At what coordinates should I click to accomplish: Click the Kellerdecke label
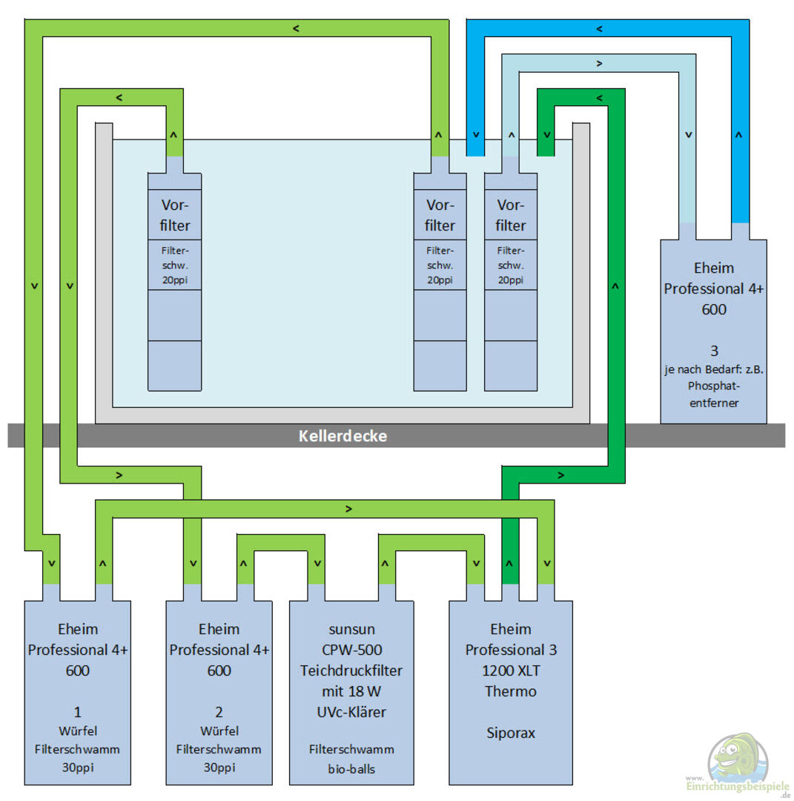[x=343, y=436]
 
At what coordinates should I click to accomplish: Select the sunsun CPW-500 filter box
[x=351, y=690]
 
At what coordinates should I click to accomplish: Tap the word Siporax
[x=510, y=733]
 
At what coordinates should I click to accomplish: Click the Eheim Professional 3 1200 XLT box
[x=510, y=690]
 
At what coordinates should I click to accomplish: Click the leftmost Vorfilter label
[x=175, y=215]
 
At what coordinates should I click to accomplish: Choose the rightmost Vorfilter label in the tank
[x=511, y=215]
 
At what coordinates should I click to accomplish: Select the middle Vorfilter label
[x=440, y=215]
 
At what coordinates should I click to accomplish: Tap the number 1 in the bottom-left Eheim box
[x=78, y=713]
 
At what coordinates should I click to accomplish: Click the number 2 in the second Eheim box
[x=219, y=713]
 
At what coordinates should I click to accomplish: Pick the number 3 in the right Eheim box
[x=714, y=351]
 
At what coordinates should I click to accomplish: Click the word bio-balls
[x=351, y=768]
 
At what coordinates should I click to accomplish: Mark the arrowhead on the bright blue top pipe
[x=599, y=29]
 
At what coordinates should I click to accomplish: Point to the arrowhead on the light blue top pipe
[x=599, y=64]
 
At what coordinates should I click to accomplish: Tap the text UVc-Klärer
[x=351, y=713]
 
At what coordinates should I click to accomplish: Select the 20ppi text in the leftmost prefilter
[x=175, y=280]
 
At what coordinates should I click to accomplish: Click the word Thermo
[x=510, y=691]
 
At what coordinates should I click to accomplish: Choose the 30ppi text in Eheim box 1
[x=78, y=768]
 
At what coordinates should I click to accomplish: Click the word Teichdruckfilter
[x=351, y=670]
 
